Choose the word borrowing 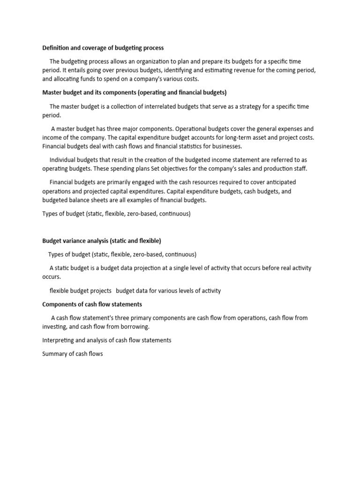[135, 327]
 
